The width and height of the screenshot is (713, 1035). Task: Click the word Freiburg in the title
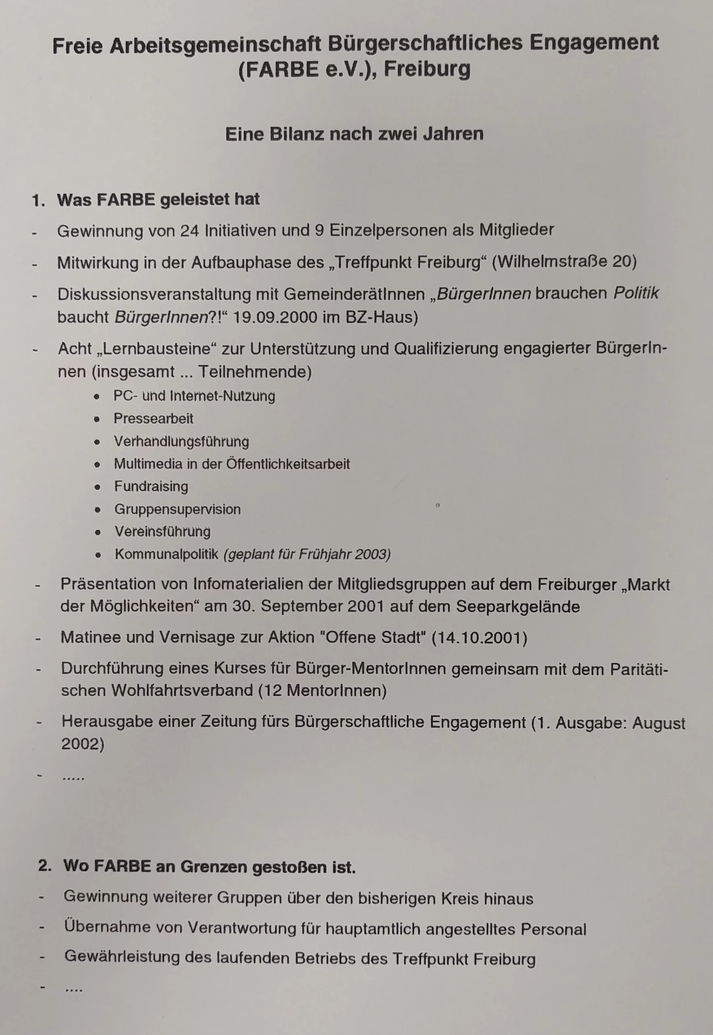[427, 70]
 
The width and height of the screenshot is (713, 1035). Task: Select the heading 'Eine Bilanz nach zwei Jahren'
[354, 134]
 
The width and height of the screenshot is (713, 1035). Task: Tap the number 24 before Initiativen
[190, 230]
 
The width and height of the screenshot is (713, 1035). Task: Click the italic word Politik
[636, 293]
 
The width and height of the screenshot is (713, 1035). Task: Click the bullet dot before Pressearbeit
[97, 419]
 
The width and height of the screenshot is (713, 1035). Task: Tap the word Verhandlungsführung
[181, 441]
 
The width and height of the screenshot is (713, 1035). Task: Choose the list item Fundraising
[151, 486]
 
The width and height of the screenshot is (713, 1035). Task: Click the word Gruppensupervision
[177, 509]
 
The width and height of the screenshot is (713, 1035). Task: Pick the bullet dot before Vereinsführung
[98, 532]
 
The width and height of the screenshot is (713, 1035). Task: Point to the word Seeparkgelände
[518, 606]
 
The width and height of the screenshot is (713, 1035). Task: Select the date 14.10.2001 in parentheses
[479, 637]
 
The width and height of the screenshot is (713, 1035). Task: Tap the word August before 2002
[658, 723]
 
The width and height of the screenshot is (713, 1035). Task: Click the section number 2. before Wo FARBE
[45, 866]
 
